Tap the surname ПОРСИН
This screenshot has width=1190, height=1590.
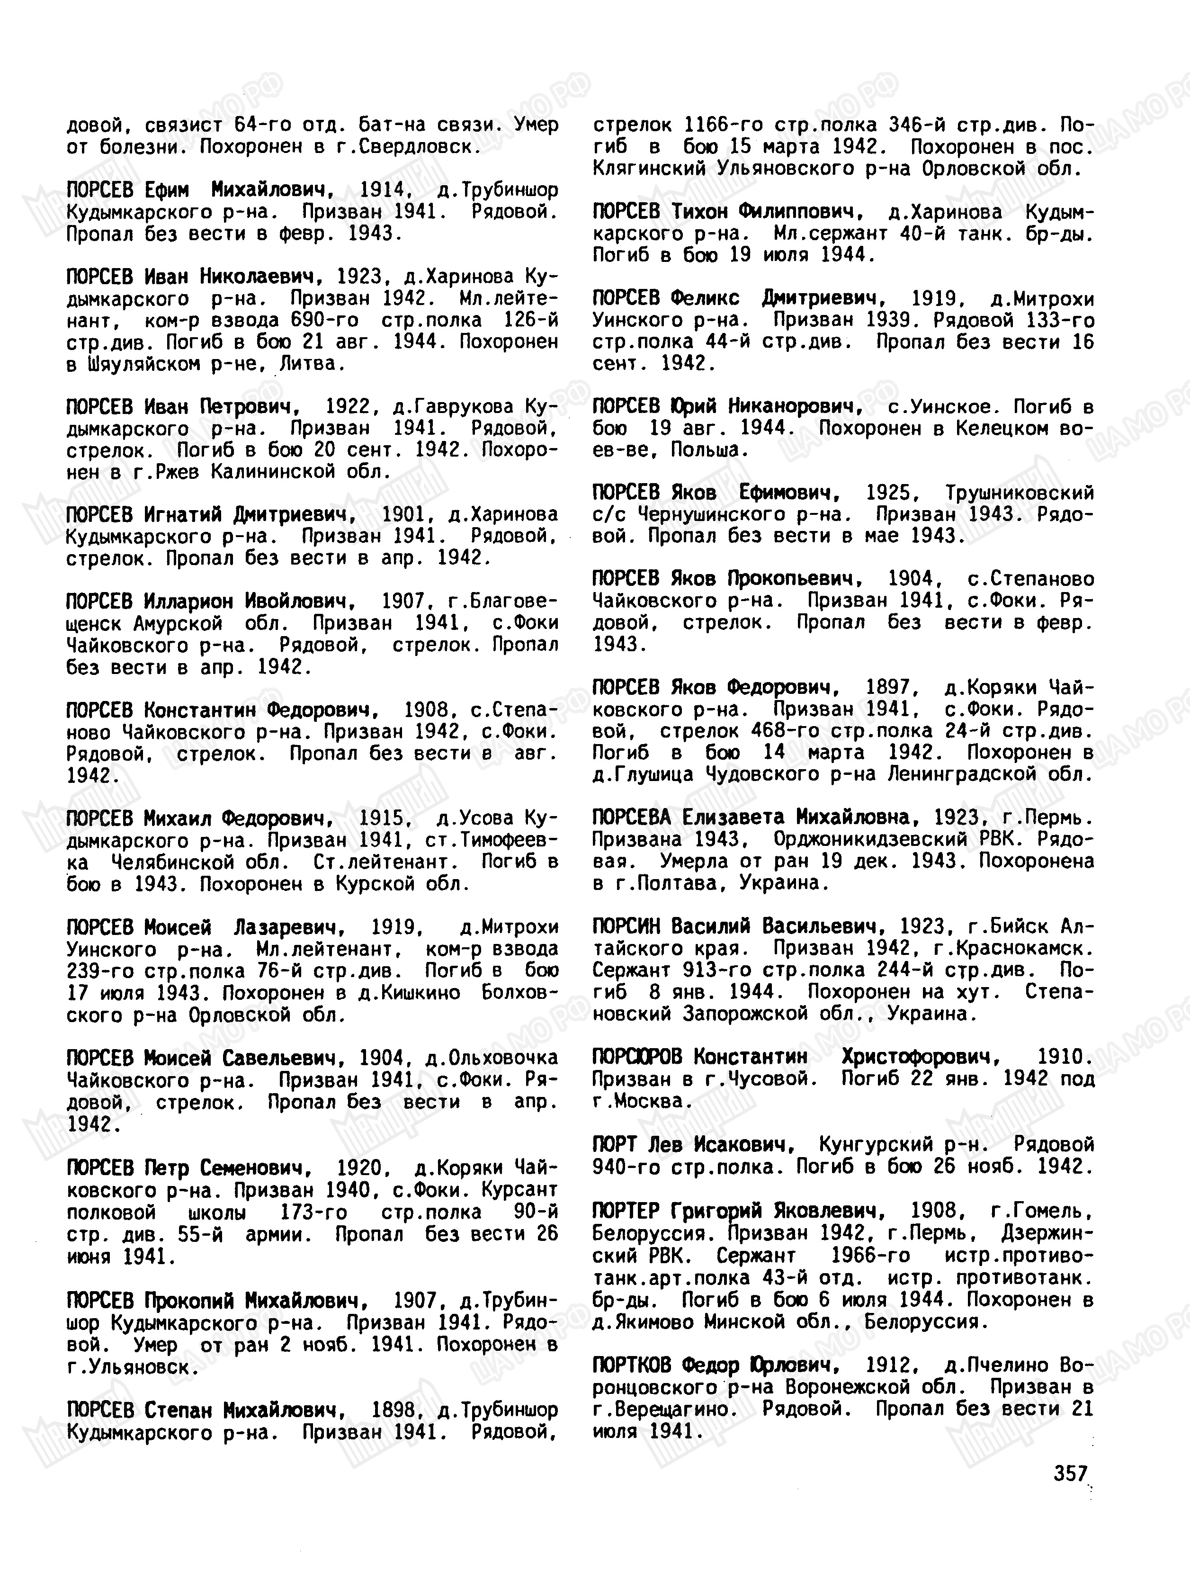tap(626, 926)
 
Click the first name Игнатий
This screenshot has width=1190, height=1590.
tap(183, 515)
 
